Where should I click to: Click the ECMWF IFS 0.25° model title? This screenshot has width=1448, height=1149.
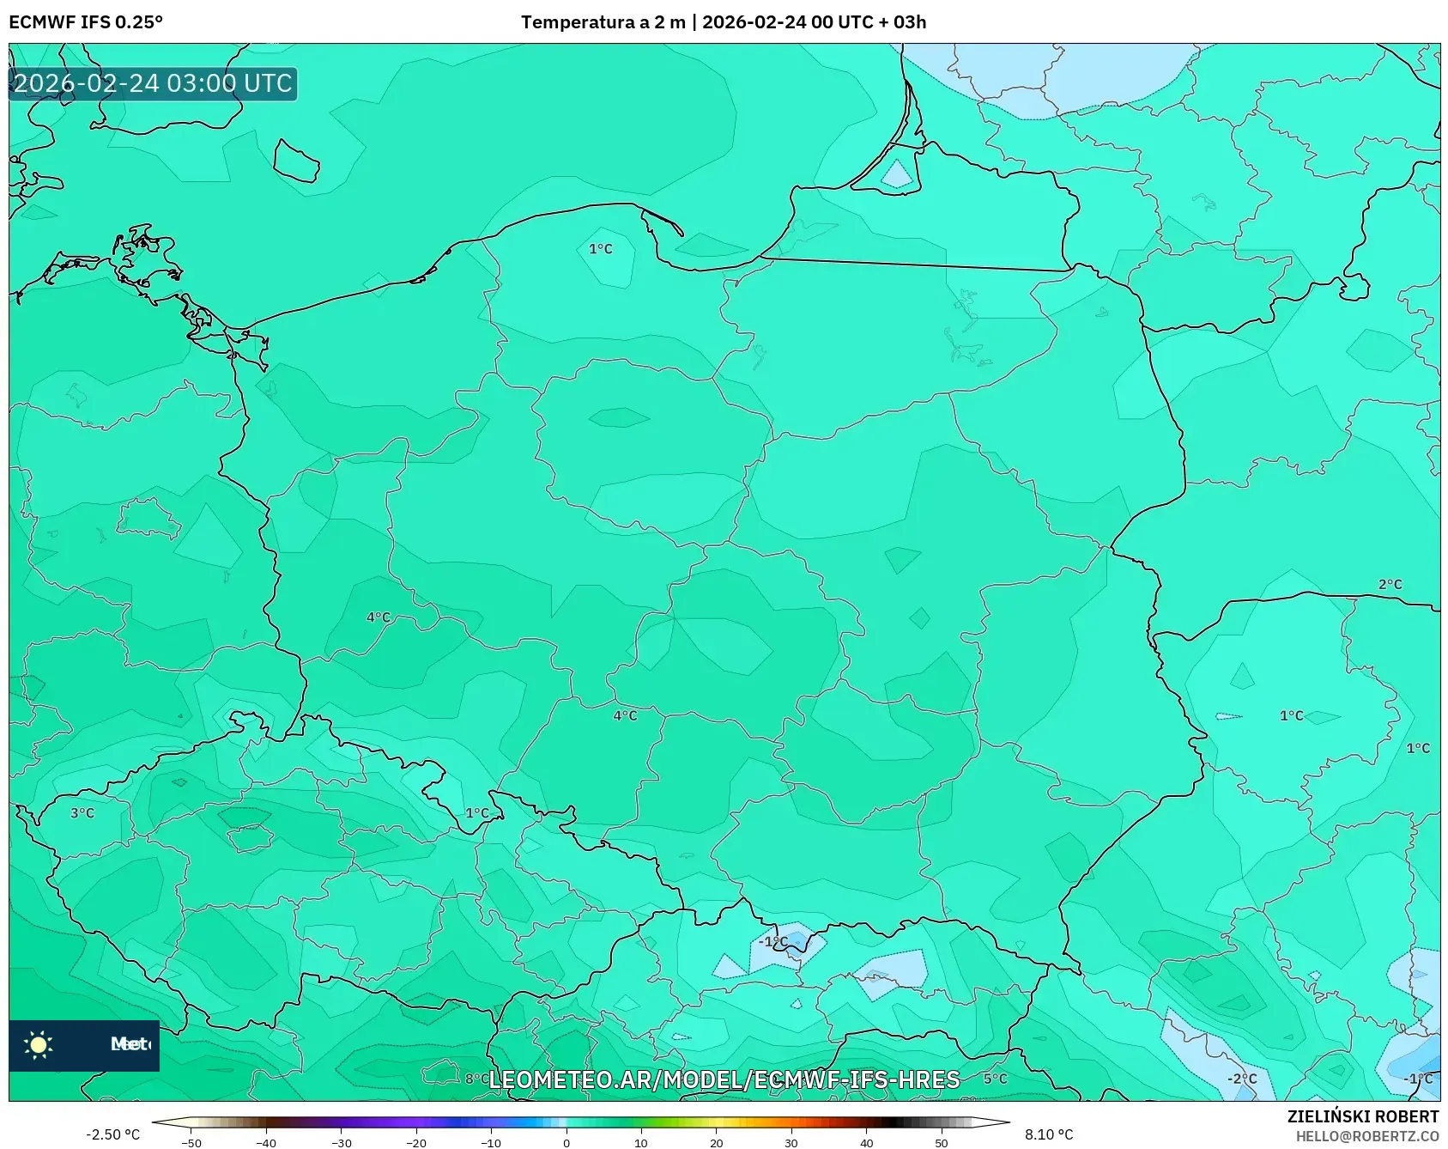(x=86, y=22)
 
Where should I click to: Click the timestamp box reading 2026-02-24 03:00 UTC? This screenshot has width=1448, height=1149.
(x=153, y=83)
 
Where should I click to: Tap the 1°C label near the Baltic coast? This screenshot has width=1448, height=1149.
(x=600, y=249)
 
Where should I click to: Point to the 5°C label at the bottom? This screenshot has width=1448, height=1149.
(x=995, y=1079)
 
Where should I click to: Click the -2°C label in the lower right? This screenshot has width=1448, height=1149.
(x=1241, y=1079)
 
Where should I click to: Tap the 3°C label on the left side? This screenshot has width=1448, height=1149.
(x=82, y=812)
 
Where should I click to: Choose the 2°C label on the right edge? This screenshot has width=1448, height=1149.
(x=1390, y=584)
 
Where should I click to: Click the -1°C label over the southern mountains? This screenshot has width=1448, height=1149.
(x=772, y=941)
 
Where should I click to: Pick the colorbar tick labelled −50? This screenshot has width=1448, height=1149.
(x=191, y=1142)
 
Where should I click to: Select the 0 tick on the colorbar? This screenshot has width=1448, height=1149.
(x=566, y=1142)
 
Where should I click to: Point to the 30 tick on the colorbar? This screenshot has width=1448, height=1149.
(x=791, y=1142)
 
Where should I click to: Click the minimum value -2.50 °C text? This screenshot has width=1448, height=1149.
(x=112, y=1134)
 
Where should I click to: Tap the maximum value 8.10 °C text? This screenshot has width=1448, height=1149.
(x=1049, y=1134)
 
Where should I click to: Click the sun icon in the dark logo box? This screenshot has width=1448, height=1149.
(x=39, y=1044)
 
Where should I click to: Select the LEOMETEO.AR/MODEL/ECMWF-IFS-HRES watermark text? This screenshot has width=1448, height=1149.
(x=724, y=1079)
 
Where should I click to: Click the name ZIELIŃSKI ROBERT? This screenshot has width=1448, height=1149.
(x=1362, y=1116)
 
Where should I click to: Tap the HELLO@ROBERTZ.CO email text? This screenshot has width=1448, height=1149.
(x=1366, y=1136)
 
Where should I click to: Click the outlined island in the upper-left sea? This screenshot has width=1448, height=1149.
(x=296, y=161)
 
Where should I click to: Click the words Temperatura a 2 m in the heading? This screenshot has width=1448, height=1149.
(x=603, y=22)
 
